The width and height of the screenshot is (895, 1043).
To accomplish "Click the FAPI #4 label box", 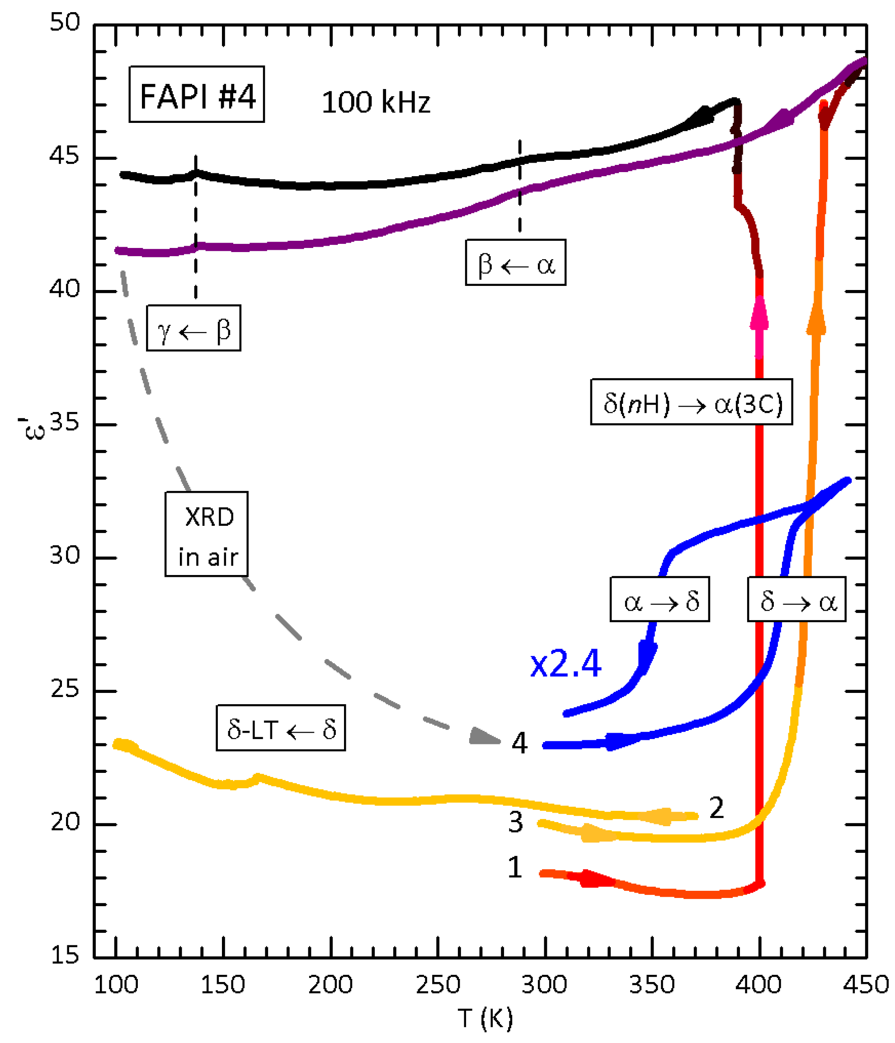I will tap(197, 94).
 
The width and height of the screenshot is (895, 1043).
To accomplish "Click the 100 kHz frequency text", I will tap(376, 102).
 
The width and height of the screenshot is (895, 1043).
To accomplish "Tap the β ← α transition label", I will tap(515, 262).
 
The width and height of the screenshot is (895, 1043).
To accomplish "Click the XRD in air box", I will tap(207, 533).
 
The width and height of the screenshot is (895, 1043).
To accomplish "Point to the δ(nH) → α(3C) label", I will tap(691, 402).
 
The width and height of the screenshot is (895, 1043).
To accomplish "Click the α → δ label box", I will tap(659, 599).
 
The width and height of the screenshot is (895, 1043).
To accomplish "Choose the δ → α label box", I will tap(796, 599).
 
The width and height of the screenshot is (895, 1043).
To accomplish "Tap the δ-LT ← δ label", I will tap(281, 727).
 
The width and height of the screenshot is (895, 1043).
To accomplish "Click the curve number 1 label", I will tap(514, 867).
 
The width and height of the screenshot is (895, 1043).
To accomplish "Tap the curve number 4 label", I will tap(519, 743).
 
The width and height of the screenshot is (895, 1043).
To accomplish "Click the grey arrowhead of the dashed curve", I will tap(484, 736).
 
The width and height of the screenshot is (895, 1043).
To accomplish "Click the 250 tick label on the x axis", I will tap(437, 984).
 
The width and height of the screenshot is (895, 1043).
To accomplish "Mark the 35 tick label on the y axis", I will tap(65, 422).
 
